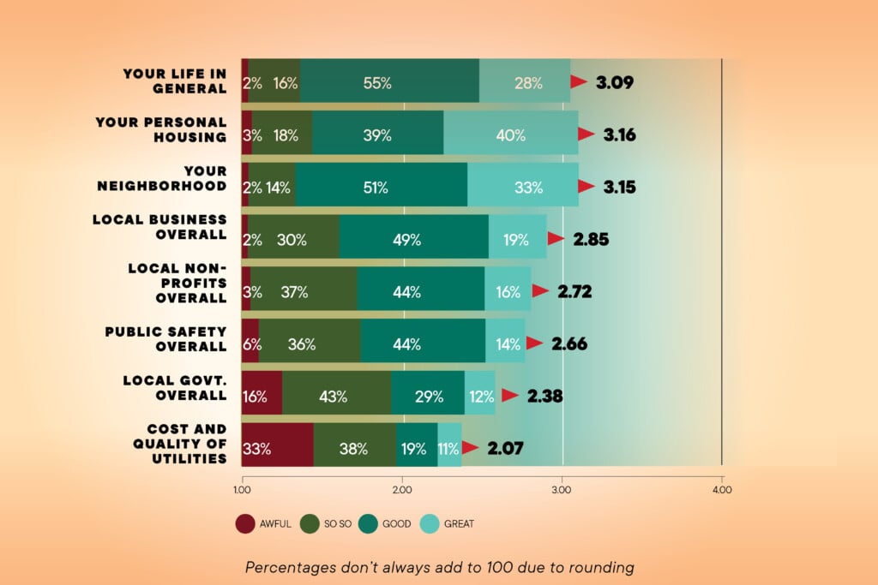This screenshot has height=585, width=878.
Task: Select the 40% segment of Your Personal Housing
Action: coord(511,134)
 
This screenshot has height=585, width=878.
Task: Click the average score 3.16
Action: coord(620,134)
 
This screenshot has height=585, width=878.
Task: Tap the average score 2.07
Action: coord(507,447)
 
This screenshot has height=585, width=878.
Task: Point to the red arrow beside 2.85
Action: coord(556,238)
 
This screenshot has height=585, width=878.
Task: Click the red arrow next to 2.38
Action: coord(509,395)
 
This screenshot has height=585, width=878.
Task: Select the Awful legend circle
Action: coord(244,523)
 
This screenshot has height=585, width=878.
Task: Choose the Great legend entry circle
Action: coord(430,523)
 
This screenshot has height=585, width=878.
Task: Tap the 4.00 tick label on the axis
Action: coord(722,490)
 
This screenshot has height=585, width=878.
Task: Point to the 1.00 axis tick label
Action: coord(242,490)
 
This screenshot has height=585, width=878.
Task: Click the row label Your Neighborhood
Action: coord(175,179)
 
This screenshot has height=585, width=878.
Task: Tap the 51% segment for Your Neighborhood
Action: coord(376,187)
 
